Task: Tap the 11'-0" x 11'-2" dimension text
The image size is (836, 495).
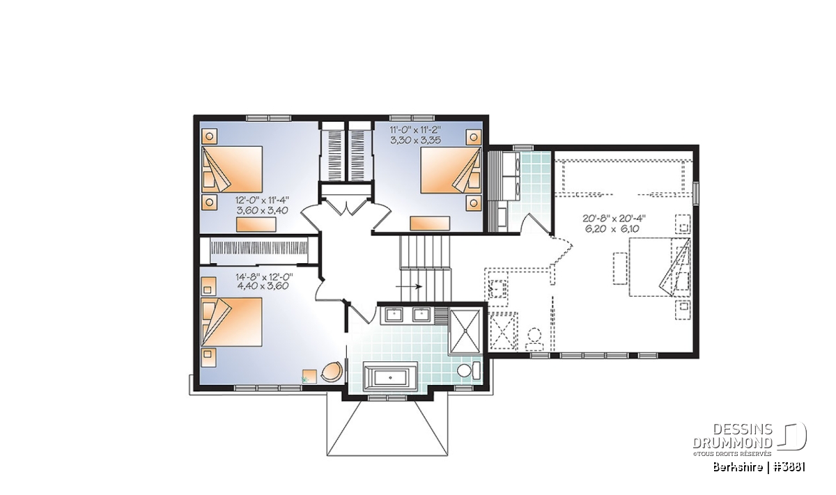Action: (x=416, y=135)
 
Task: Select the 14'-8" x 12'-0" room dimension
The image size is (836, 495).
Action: (x=264, y=281)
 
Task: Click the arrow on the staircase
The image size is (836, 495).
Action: (x=409, y=286)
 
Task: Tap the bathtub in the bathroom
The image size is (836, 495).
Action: (x=391, y=377)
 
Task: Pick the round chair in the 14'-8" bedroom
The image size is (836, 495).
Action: (x=332, y=372)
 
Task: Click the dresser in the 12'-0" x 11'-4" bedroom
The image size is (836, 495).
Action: (x=256, y=225)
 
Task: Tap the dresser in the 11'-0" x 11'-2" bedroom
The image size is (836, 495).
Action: (x=430, y=223)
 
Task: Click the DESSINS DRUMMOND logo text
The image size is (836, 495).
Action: (x=733, y=436)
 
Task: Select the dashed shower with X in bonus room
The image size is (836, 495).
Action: (x=503, y=331)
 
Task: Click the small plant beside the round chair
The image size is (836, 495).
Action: (x=306, y=379)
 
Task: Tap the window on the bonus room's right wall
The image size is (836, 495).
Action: (x=696, y=194)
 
